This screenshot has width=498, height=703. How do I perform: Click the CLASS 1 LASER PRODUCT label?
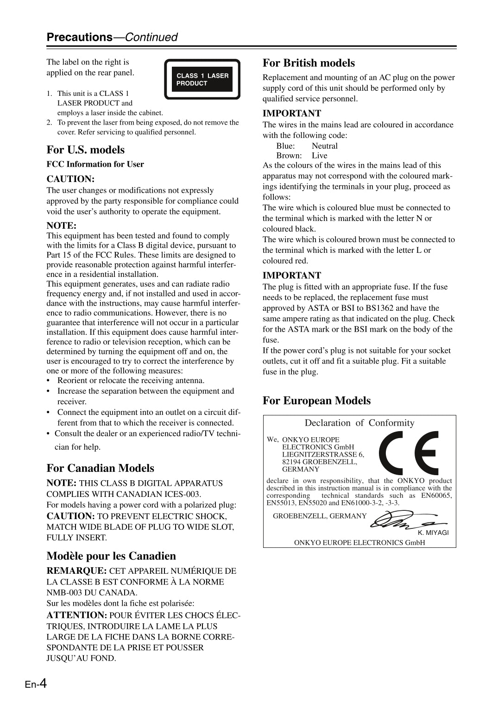point(202,79)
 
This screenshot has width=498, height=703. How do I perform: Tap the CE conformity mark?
point(408,453)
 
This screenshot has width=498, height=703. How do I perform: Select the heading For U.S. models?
point(85,150)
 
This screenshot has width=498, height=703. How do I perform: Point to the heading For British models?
point(309,63)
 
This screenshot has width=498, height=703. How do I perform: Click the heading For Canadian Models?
point(100,468)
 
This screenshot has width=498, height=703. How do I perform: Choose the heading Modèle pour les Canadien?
point(111,556)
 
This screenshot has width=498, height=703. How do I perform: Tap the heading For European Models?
point(316,401)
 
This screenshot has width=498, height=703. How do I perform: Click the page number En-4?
point(36,684)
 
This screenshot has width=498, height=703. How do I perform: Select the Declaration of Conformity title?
point(359,423)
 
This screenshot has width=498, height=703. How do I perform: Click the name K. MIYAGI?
point(433,533)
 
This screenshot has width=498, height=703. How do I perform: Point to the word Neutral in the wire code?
point(324,146)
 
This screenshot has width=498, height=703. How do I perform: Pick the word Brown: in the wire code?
point(289,156)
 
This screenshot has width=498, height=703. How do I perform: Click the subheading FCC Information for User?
point(95,164)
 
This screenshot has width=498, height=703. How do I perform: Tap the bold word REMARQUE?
point(76,571)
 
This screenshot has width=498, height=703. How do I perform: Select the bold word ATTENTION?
point(76,615)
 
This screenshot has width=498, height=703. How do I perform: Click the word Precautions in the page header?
point(79,37)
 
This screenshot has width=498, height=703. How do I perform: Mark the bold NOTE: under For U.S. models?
point(61,226)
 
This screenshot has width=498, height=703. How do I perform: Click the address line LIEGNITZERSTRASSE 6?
point(323,454)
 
